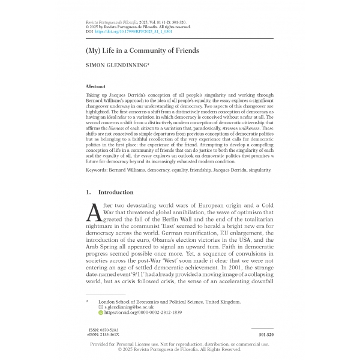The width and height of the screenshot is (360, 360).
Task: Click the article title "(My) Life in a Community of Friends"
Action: coord(143,51)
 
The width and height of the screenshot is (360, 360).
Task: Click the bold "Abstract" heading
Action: coord(96,87)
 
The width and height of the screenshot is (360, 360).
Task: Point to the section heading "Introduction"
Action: coord(115,193)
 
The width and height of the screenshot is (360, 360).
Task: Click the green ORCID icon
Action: coord(100,313)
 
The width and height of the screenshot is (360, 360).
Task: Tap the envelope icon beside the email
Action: coord(100,307)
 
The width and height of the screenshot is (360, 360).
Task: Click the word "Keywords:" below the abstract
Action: coord(100,170)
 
